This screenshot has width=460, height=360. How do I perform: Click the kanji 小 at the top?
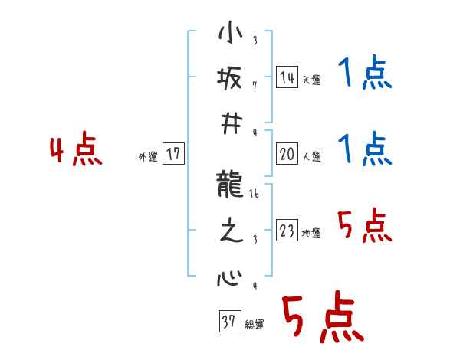click(229, 35)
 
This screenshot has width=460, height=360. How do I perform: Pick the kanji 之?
click(229, 231)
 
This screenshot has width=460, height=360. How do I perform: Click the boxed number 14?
click(287, 77)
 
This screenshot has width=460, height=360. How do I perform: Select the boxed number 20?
click(287, 154)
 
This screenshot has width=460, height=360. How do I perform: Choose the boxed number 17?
click(173, 154)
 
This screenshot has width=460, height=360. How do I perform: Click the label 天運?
click(311, 80)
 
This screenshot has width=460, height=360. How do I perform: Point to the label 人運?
click(311, 157)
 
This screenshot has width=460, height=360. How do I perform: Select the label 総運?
click(254, 325)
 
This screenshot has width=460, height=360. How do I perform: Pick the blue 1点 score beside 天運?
click(364, 75)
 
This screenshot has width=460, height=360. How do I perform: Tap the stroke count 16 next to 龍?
click(255, 195)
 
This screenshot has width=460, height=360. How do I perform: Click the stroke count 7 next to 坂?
click(255, 85)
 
